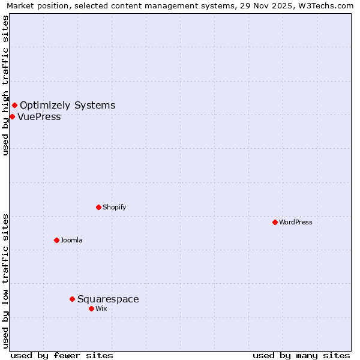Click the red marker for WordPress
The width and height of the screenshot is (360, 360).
coord(275,222)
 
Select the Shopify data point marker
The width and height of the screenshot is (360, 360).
coord(98,207)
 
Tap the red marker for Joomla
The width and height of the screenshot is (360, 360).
coord(56,240)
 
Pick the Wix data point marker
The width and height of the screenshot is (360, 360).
coord(91,308)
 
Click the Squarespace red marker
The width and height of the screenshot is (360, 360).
coord(72,299)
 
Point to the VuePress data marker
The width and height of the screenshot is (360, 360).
coord(12,116)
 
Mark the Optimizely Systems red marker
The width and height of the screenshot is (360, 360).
coord(14,106)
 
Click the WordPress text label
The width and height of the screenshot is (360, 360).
coord(296,222)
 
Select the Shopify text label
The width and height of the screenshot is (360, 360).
coord(115,207)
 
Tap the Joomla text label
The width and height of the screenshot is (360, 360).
coord(71,240)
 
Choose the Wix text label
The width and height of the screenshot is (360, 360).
coord(101,308)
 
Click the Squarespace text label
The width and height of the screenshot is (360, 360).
coord(108,299)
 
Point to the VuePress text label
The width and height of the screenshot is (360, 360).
coord(39,116)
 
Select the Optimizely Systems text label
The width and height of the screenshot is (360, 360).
coord(67,106)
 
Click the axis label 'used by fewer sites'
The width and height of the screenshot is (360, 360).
coord(62,355)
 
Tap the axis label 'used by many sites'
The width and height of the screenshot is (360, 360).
coord(301,355)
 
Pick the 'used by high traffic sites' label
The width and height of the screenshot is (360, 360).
coord(5,85)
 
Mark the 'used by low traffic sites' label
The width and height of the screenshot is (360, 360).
coord(5,280)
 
